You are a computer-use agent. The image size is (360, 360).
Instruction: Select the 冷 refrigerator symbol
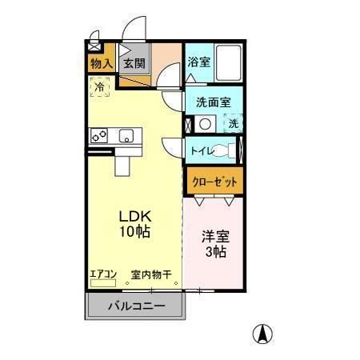pyautogui.click(x=101, y=86)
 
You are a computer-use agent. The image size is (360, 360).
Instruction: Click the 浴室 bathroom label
pyautogui.click(x=199, y=62)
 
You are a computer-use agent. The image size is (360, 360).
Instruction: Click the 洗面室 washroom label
pyautogui.click(x=214, y=102)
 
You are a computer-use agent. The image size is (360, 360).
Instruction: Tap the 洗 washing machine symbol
pyautogui.click(x=233, y=124)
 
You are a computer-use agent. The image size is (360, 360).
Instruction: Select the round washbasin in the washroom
pyautogui.click(x=206, y=124)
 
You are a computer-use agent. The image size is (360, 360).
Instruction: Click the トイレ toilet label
pyautogui.click(x=202, y=150)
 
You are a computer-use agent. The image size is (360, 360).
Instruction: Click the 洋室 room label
pyautogui.click(x=214, y=237)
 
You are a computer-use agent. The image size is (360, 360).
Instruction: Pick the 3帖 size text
pyautogui.click(x=214, y=254)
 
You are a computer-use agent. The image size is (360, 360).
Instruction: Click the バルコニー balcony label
pyautogui.click(x=136, y=306)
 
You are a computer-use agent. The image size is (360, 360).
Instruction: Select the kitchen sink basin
pyautogui.click(x=126, y=136)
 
